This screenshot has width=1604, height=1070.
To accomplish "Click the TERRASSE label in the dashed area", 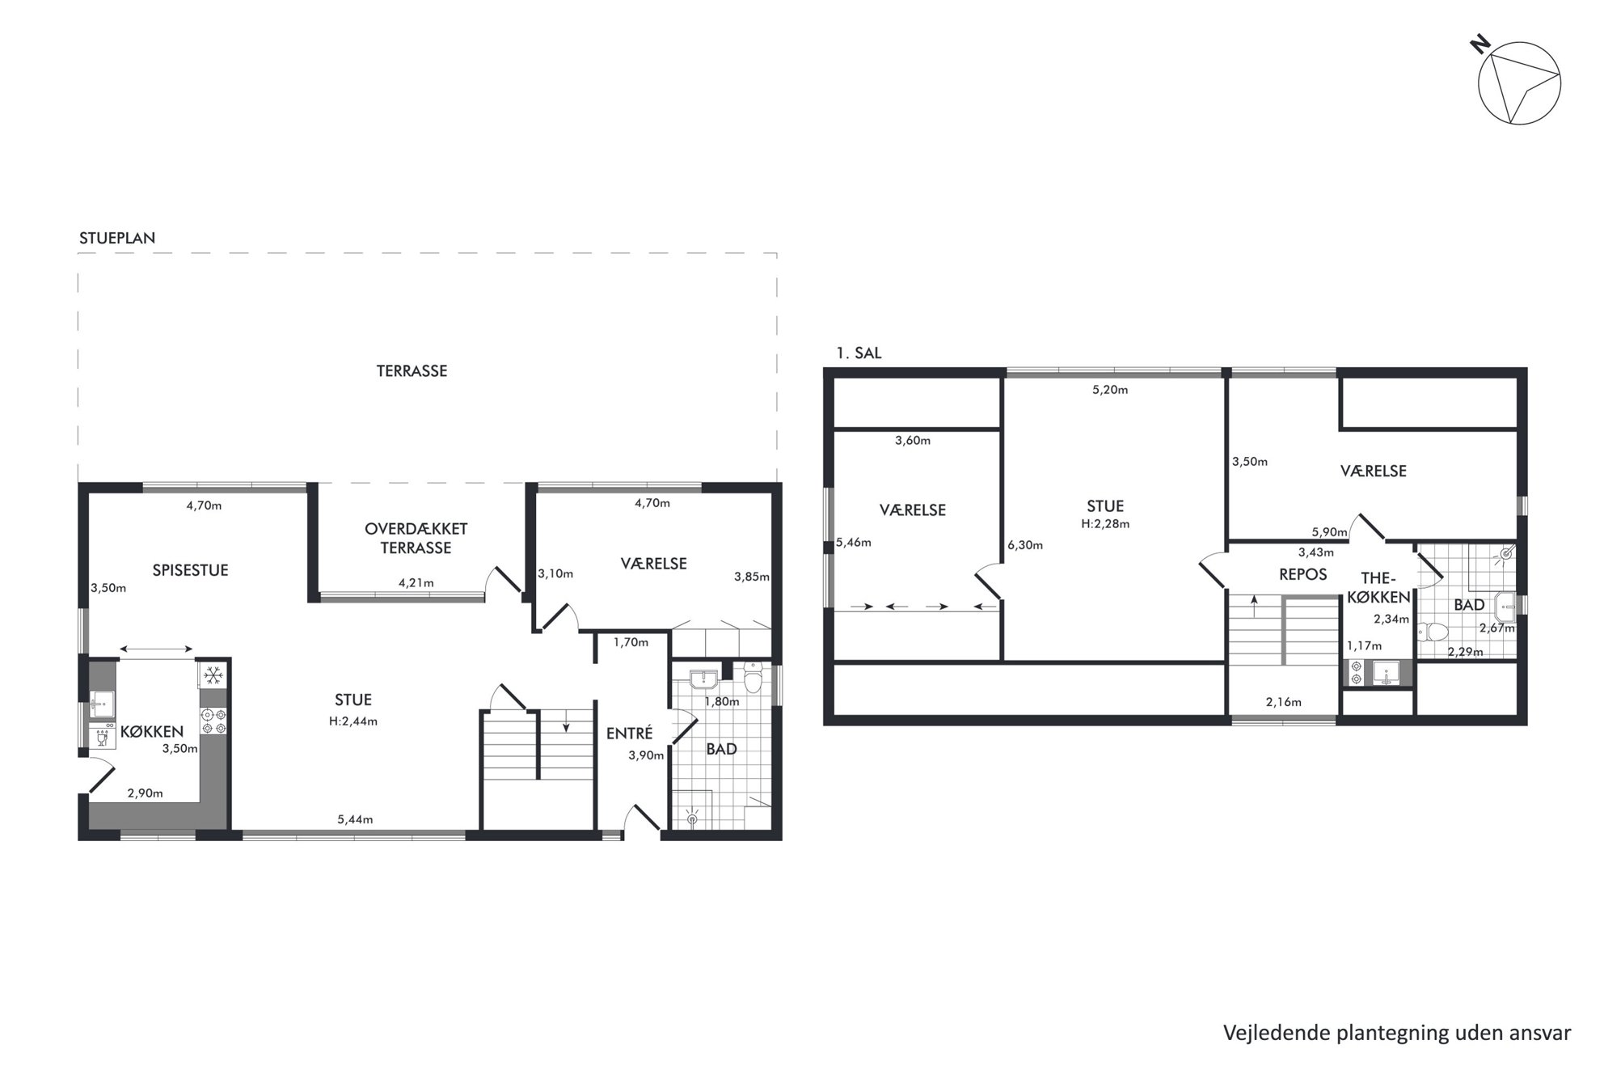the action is tap(412, 371).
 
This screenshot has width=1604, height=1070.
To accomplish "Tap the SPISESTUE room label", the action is tap(190, 570).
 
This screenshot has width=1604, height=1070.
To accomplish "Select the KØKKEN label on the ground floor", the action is tap(152, 731).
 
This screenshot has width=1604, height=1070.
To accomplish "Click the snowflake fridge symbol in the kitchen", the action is tap(213, 675).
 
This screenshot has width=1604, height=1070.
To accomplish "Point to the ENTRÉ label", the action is tap(629, 733).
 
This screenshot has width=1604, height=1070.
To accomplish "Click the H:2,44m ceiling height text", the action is tap(353, 721).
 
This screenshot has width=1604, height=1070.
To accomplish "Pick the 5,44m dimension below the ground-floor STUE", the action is tap(355, 819).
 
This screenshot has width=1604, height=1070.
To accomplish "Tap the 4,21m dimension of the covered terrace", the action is tap(416, 582).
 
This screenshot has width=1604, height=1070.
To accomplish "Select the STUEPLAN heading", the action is tap(117, 238).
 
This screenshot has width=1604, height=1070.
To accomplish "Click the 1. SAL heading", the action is tap(859, 353).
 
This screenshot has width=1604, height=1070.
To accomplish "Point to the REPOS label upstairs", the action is tap(1302, 574).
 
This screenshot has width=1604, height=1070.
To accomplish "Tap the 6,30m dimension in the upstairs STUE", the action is tap(1025, 545).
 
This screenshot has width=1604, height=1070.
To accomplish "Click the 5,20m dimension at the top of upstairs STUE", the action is tap(1110, 390).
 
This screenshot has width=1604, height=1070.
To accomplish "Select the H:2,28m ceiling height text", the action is tap(1105, 523).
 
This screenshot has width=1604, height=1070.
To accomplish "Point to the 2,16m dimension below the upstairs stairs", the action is tap(1283, 702).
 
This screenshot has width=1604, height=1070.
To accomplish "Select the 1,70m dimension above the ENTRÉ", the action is tap(631, 643).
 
